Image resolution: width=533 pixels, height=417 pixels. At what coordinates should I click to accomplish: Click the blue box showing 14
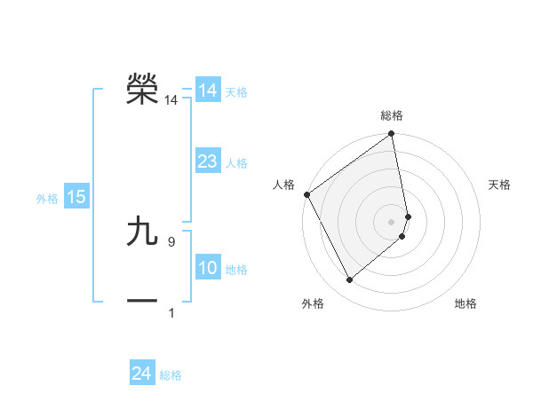tap(207, 90)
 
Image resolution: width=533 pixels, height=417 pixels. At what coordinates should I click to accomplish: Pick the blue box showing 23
tap(207, 161)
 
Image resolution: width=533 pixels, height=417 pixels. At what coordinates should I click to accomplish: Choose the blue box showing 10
tap(207, 268)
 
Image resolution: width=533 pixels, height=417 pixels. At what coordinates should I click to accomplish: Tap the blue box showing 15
tap(76, 197)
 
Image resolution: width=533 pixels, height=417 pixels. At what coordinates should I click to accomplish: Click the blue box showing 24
tap(141, 374)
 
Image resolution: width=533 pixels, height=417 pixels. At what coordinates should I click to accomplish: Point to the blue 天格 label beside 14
tap(236, 92)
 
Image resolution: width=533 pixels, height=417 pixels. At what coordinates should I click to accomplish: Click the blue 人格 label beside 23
tap(236, 163)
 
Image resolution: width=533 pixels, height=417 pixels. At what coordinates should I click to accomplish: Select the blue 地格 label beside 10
tap(236, 270)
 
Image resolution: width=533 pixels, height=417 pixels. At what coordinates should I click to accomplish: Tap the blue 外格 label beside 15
tap(47, 199)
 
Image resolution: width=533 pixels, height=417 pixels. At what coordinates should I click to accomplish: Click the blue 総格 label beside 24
tap(171, 375)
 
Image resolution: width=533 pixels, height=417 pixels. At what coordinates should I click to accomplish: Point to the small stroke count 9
tap(171, 241)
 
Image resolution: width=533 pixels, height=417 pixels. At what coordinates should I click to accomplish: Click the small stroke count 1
tap(171, 312)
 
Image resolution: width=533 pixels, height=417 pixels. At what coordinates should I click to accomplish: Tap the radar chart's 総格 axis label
tap(392, 115)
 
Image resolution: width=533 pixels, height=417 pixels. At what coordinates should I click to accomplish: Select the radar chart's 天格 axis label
tap(499, 185)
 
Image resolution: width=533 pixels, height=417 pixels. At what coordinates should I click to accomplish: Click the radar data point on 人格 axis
tap(306, 194)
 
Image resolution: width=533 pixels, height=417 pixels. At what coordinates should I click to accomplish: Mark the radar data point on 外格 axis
tap(349, 280)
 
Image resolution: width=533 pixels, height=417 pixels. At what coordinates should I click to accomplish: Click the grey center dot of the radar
tap(392, 222)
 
